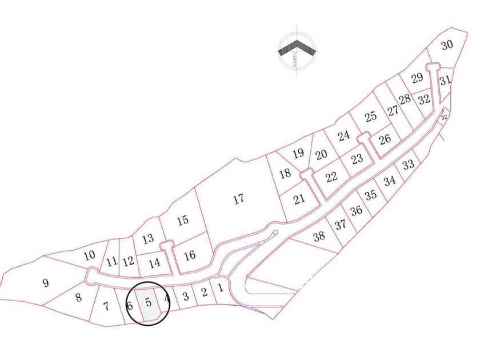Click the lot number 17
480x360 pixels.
point(239,199)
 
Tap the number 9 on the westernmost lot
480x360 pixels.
point(46,282)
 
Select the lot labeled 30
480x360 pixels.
point(447,45)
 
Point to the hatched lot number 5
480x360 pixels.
point(148,301)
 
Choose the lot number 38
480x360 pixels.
point(319,235)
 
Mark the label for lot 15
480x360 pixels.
point(183,221)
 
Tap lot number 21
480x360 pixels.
point(299,199)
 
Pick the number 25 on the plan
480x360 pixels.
point(371,117)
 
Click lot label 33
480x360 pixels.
point(408,165)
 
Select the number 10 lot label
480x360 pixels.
point(89,255)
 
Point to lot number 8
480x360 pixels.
point(79,297)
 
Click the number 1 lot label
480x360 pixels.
point(219,287)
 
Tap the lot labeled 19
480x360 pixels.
point(298,153)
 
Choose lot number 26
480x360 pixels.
point(385,138)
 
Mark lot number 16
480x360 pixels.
point(190,255)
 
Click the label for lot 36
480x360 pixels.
point(357,210)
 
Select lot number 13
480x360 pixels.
point(148,239)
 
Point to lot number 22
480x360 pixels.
point(331,177)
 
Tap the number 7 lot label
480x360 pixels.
point(106,306)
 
